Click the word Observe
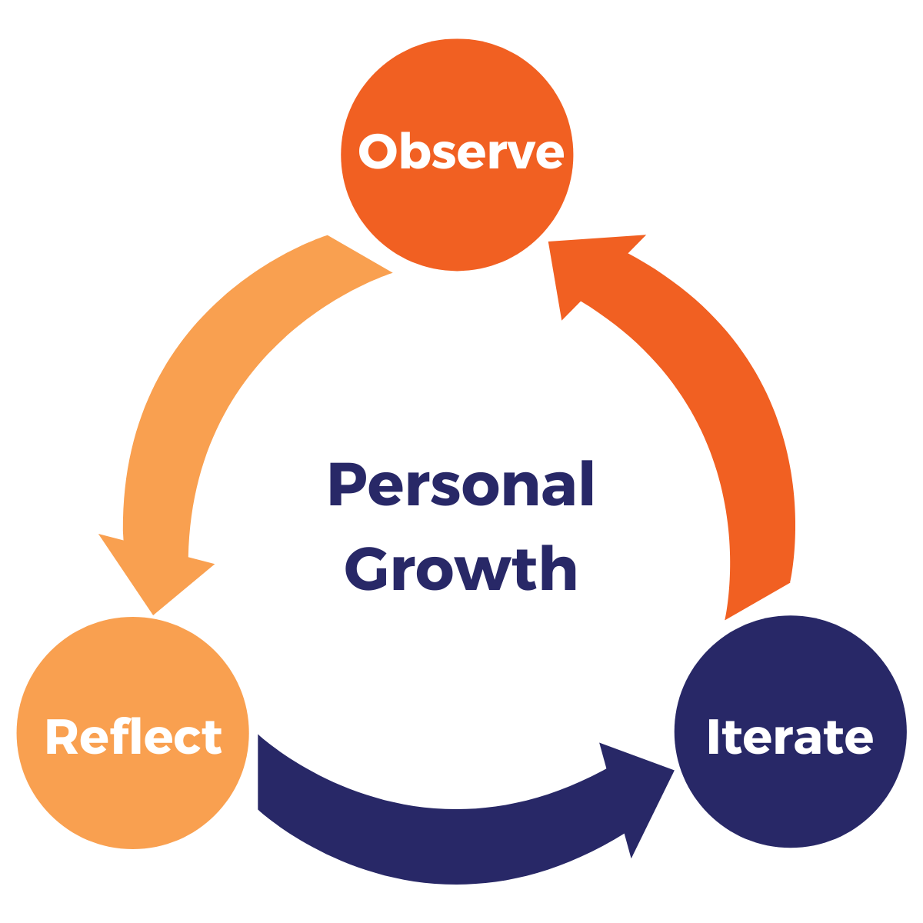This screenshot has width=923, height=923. tap(461, 152)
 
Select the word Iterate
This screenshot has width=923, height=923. tap(790, 737)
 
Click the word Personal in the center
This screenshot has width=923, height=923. tap(461, 485)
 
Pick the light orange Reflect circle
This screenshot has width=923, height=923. tap(132, 800)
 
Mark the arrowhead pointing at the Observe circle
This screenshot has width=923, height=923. tap(585, 269)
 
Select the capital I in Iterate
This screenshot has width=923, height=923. tap(713, 737)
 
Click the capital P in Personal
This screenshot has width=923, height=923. tap(346, 485)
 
